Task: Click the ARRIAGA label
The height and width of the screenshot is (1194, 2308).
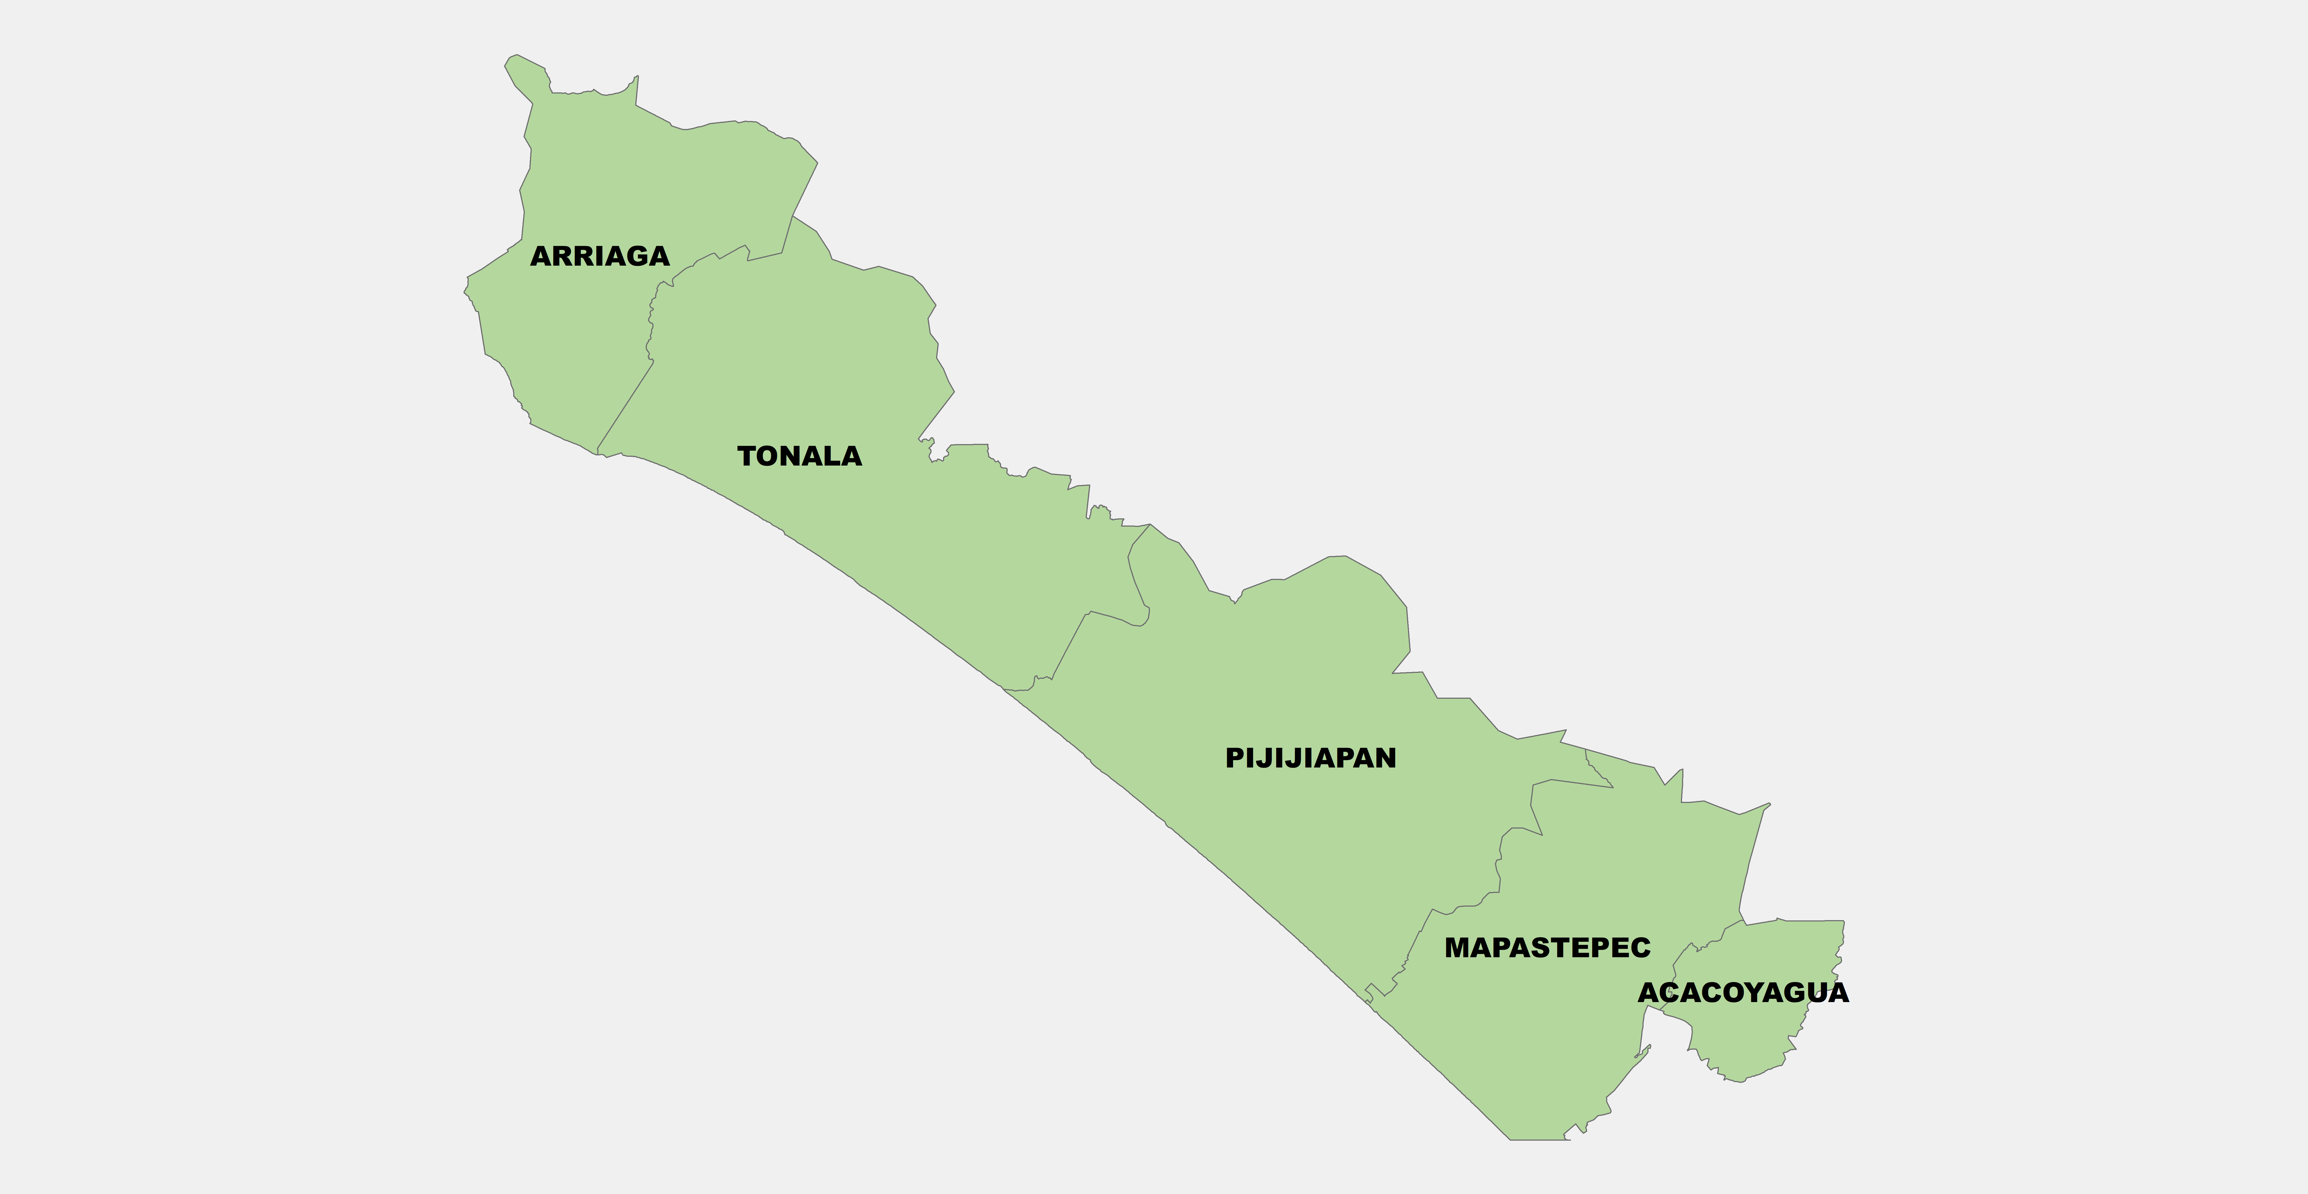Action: [x=599, y=256]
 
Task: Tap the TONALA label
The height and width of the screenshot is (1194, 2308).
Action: [x=799, y=456]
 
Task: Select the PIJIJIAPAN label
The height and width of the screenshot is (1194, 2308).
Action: [x=1310, y=758]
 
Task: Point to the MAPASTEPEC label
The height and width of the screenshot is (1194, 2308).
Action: [x=1547, y=948]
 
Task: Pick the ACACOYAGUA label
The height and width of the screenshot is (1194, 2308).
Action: [x=1743, y=992]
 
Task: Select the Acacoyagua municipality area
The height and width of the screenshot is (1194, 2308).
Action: [x=1756, y=1039]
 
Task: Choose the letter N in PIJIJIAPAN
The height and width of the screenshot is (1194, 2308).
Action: [x=1385, y=758]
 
